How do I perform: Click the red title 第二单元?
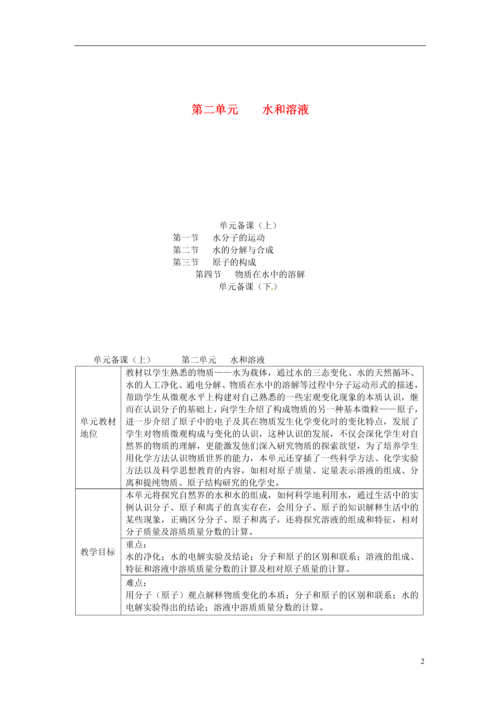tap(215, 110)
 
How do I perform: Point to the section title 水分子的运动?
tap(238, 238)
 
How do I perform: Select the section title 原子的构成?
tap(234, 262)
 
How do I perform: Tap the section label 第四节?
tap(208, 274)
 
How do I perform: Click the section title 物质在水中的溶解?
tap(270, 274)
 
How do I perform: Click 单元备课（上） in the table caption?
tap(122, 360)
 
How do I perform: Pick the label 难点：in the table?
tap(136, 583)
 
